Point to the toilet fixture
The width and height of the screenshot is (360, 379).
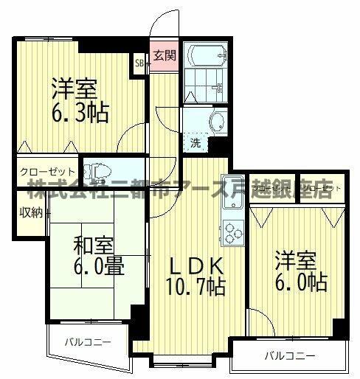pyautogui.click(x=98, y=173)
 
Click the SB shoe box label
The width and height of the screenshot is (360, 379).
pyautogui.click(x=139, y=63)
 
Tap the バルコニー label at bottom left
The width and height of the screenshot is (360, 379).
pyautogui.click(x=86, y=342)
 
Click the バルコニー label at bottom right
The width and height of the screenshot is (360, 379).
pyautogui.click(x=289, y=356)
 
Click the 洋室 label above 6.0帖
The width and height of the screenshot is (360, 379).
pyautogui.click(x=297, y=262)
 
